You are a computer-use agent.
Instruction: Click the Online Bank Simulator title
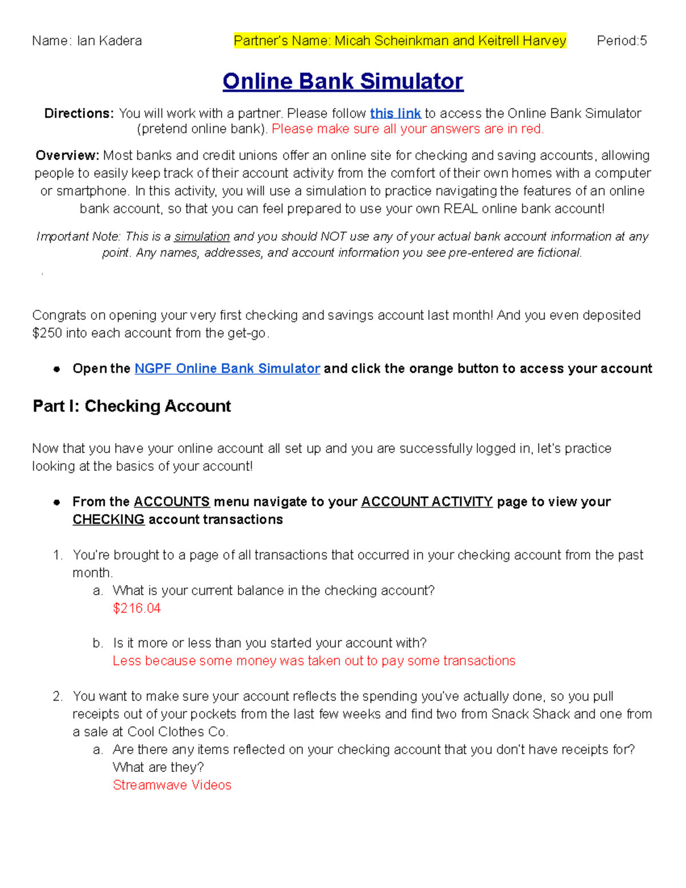342,81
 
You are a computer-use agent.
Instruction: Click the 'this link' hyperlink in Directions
395,113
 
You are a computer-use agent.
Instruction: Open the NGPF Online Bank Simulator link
227,368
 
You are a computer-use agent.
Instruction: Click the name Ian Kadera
109,41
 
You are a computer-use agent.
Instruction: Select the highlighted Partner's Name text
400,41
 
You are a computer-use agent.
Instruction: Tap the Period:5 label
621,41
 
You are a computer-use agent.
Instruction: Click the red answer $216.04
137,608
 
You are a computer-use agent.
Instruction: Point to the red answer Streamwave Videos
171,785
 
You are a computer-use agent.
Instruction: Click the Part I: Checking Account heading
132,406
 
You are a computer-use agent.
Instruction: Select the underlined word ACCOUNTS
171,501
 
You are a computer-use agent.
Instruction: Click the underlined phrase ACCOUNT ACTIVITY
426,501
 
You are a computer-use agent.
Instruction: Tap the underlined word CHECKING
108,519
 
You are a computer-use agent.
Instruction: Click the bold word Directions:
79,113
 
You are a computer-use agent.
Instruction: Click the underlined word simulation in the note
202,236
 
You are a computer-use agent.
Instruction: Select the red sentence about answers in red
407,129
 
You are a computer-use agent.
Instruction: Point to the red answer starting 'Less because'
313,660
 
